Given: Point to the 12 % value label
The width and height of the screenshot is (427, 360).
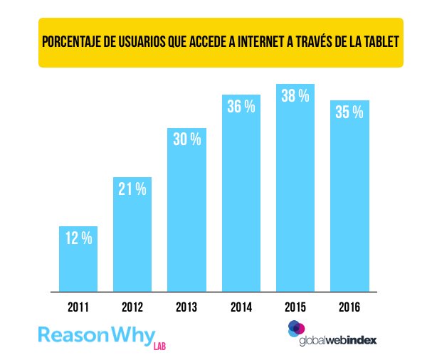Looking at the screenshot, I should [78, 239].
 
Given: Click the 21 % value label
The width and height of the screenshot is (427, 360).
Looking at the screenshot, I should [132, 189].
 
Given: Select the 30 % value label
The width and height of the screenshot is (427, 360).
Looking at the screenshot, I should [187, 139].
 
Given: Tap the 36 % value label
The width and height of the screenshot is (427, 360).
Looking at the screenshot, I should [241, 107].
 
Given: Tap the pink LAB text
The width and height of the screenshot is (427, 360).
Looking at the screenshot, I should [159, 346].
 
